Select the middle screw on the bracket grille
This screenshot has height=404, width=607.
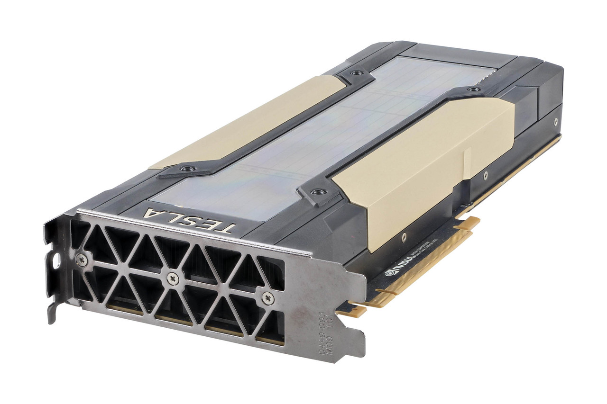pos(173,278)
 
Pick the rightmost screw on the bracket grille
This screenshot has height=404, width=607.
pos(267,298)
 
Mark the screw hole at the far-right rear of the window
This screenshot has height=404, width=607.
pos(473,89)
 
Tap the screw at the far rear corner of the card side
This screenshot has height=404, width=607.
pos(556,121)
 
